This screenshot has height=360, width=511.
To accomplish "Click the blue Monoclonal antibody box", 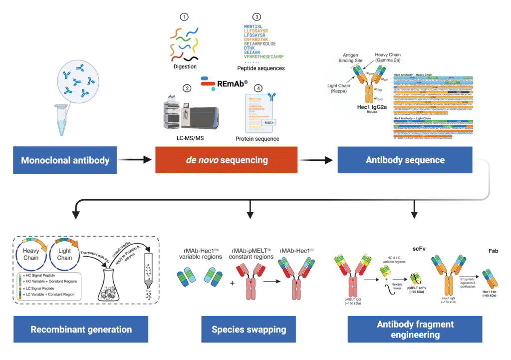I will click(66, 160).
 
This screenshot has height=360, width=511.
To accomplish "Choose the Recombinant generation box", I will click(81, 329).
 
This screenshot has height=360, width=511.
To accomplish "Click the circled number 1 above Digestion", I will click(186, 17).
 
